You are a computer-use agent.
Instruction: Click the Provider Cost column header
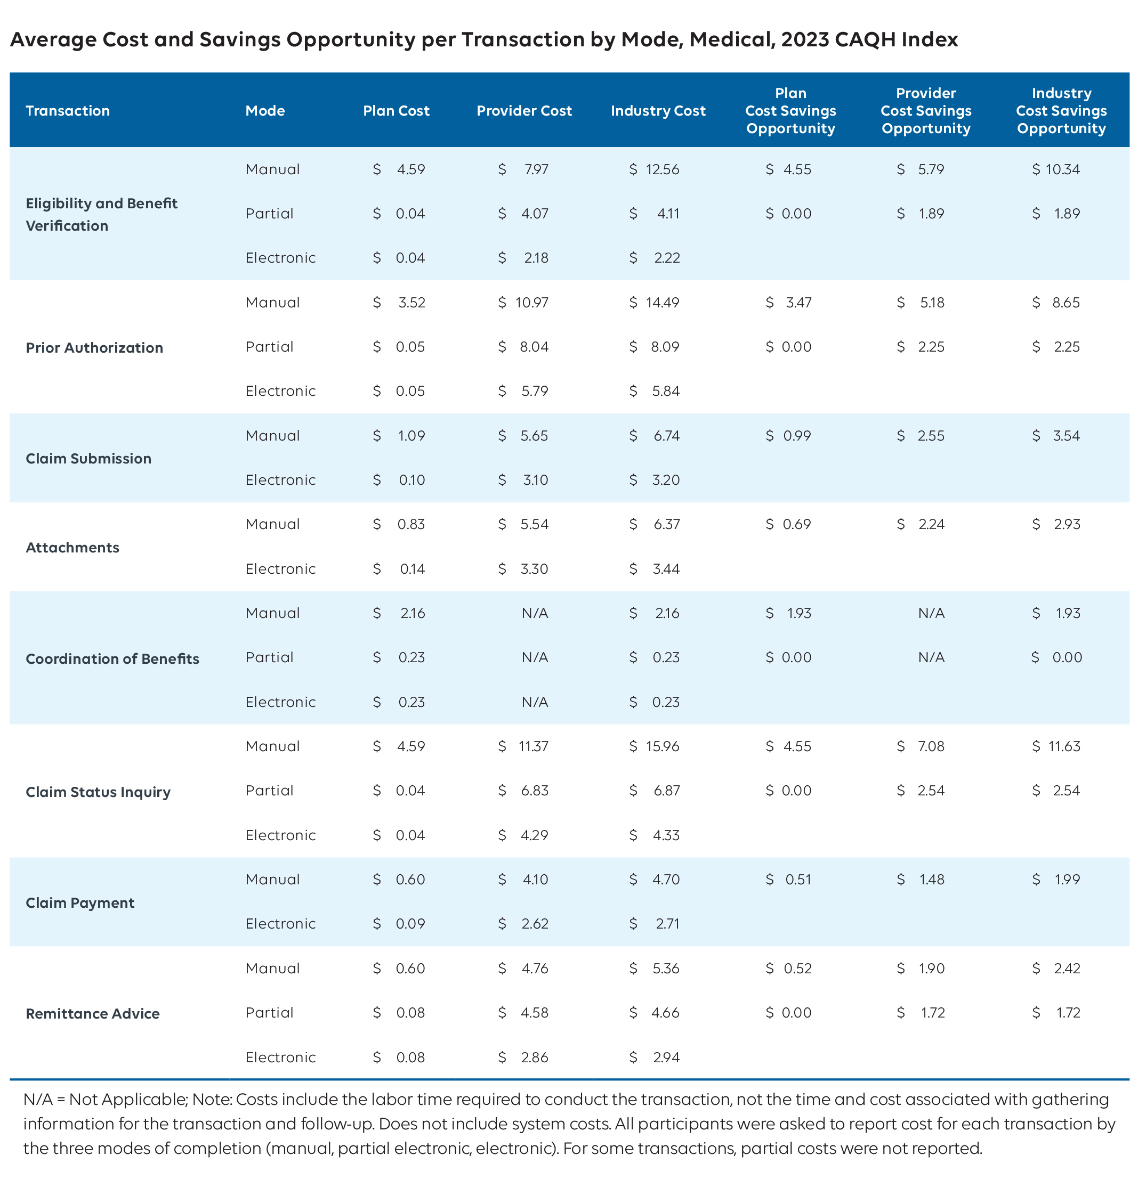523,111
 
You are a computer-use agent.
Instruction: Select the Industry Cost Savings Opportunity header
1061,111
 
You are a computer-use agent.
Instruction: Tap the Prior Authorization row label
94,347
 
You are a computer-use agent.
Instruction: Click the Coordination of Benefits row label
112,658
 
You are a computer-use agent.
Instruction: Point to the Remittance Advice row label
92,1013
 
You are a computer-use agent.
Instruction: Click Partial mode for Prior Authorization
269,347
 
